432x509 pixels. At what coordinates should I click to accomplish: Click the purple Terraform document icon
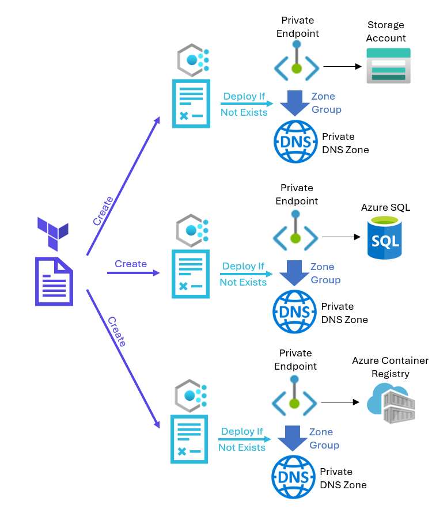tap(54, 281)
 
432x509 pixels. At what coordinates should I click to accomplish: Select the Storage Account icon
tap(388, 65)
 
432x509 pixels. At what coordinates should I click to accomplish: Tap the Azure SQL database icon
tap(384, 237)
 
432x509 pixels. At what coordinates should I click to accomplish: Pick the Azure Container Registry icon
tap(390, 402)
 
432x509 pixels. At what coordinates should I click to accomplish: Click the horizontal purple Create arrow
tap(133, 273)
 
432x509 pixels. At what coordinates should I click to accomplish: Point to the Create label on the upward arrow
tap(103, 211)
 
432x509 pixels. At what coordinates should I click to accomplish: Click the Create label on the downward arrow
tap(116, 332)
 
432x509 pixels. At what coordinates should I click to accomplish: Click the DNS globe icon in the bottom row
tap(293, 477)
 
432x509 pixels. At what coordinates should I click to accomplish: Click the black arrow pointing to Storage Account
tap(342, 66)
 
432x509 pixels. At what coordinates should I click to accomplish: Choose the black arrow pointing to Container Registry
tap(340, 402)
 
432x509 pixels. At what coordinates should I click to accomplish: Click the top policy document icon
tap(191, 103)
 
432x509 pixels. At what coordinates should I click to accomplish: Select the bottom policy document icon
tap(189, 439)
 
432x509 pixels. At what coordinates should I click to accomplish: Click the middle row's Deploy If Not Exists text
tap(244, 274)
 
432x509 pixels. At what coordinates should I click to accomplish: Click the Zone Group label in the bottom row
tap(324, 438)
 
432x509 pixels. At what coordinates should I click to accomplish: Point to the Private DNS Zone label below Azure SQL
tap(344, 313)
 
